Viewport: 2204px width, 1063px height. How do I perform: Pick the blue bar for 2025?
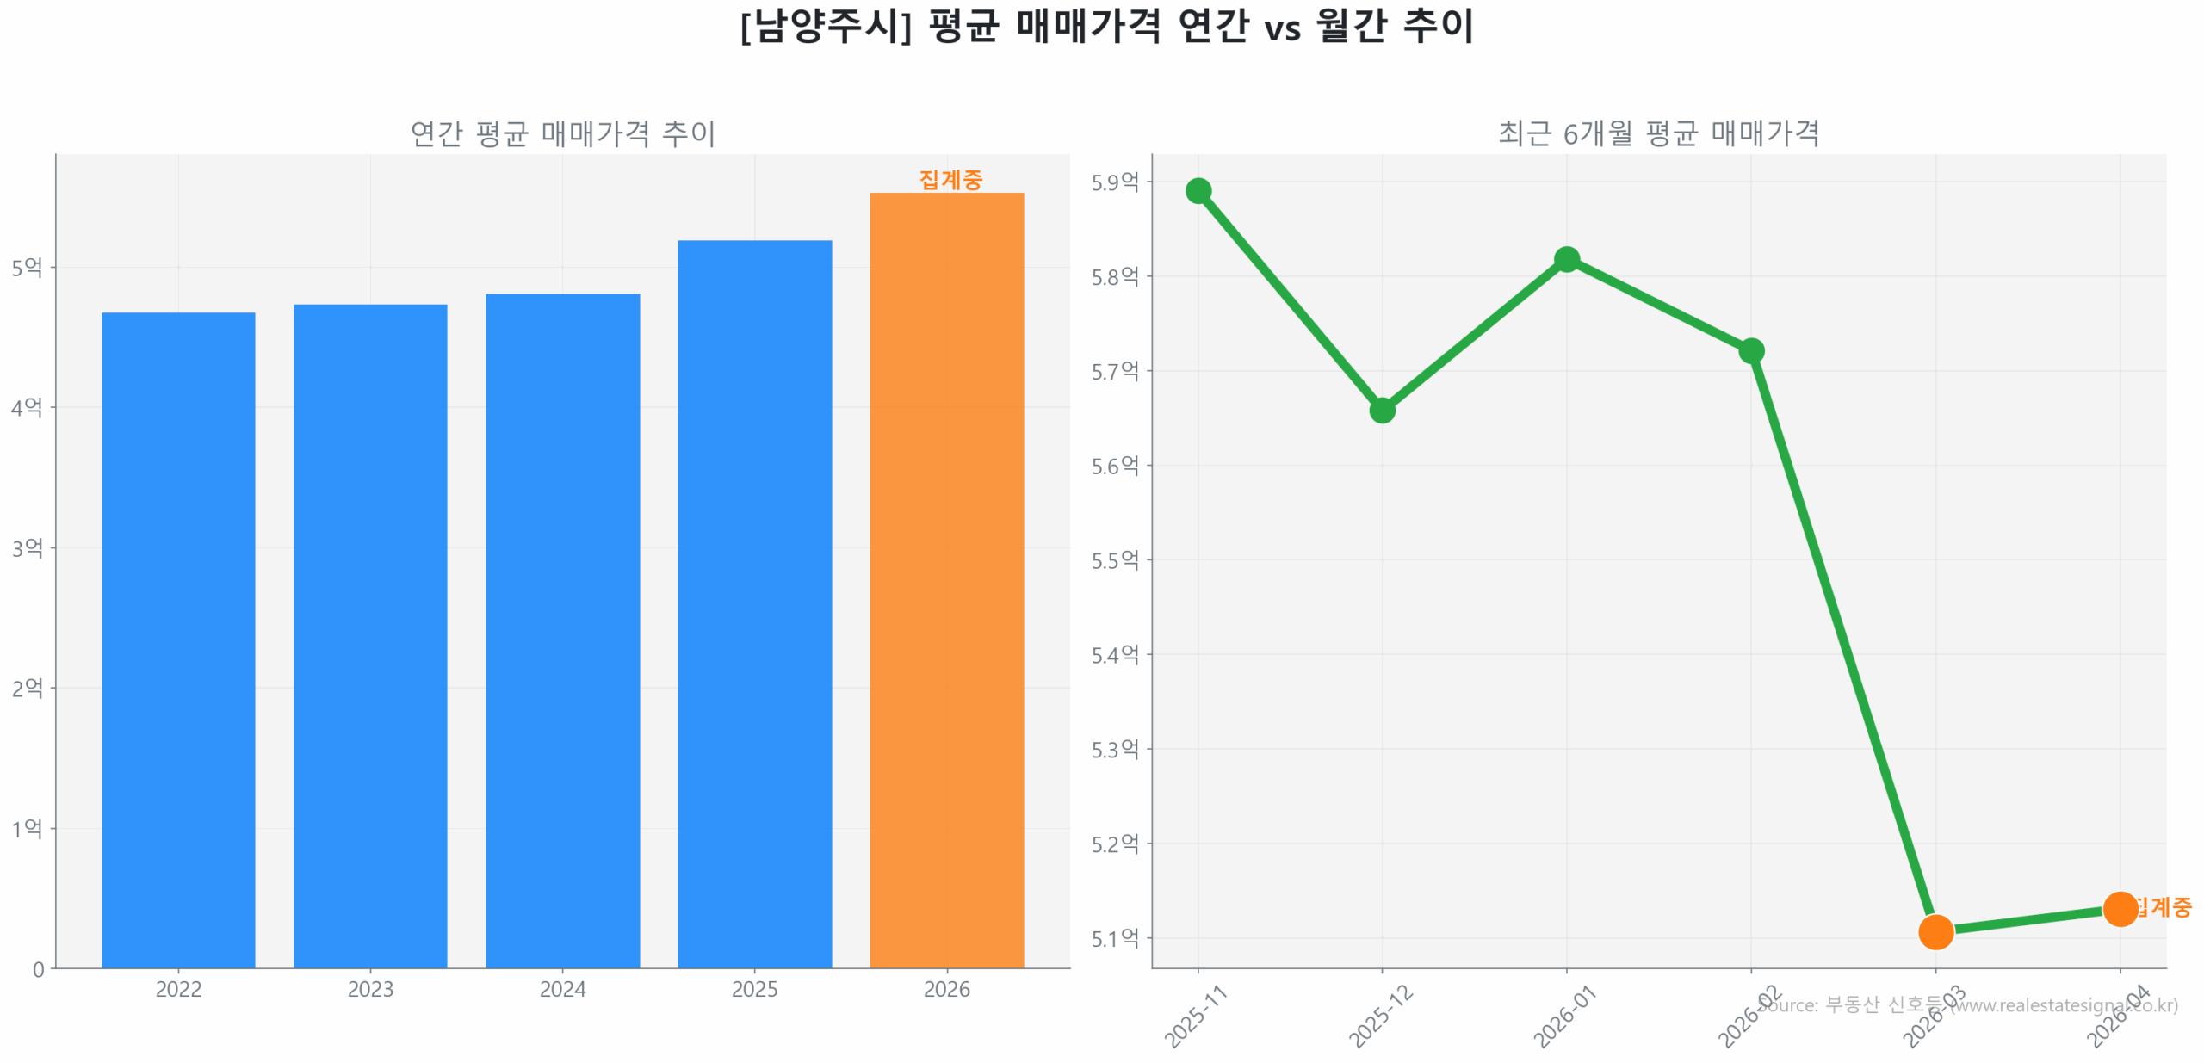coord(754,603)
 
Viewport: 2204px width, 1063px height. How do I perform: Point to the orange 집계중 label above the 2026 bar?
coord(950,180)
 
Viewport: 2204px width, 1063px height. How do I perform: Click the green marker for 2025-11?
coord(1198,190)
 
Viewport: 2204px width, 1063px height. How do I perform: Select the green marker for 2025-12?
coord(1381,410)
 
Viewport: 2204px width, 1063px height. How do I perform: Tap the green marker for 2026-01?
coord(1566,259)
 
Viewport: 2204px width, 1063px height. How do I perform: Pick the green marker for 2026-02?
coord(1750,350)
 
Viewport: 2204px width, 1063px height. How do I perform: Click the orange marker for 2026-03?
coord(1935,930)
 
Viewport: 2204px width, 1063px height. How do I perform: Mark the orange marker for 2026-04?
coord(2119,908)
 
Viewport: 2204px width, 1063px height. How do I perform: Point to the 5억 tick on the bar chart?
coord(27,267)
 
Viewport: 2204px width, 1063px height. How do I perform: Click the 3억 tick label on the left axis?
coord(27,547)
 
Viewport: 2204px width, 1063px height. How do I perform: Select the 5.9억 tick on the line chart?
coord(1114,182)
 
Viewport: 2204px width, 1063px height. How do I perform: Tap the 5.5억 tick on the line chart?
coord(1114,559)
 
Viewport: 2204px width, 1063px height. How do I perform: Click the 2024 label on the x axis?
coord(562,989)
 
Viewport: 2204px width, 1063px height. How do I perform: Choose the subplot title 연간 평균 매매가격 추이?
coord(562,133)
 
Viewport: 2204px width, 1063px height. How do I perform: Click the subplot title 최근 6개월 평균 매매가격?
coord(1658,133)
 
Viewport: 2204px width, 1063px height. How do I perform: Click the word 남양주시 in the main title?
coord(825,26)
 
